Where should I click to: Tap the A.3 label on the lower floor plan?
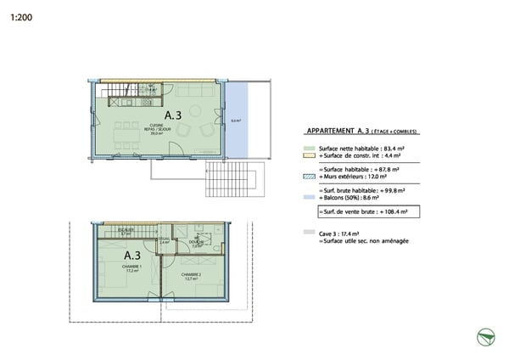132,255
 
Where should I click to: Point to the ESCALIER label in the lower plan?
125,230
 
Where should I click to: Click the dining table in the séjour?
130,136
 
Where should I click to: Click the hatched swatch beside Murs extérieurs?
309,176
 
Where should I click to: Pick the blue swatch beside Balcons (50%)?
309,197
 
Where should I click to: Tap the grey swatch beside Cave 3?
309,232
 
